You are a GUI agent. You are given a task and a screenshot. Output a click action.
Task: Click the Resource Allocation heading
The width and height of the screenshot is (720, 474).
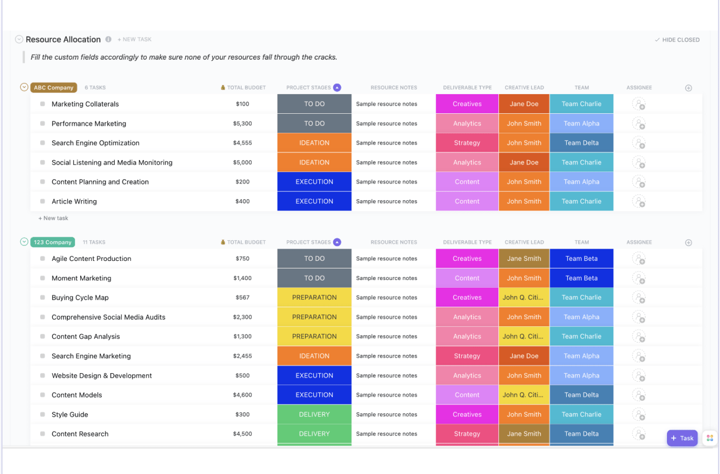tap(63, 40)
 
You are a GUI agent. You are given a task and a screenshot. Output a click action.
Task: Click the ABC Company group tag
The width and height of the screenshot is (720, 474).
tap(53, 87)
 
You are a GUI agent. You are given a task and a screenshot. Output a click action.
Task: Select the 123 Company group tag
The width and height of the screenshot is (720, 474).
tap(52, 242)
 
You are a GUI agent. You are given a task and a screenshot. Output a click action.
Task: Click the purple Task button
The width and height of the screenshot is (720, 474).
tap(682, 438)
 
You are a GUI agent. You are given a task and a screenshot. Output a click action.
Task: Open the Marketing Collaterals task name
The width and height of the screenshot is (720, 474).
tap(85, 104)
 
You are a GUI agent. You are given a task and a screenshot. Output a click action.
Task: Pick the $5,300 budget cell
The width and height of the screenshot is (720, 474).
tap(242, 124)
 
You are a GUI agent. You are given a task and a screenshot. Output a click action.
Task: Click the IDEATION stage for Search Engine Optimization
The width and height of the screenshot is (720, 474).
tap(314, 143)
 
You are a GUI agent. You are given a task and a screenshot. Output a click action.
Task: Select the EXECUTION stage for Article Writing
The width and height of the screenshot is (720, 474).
tap(314, 201)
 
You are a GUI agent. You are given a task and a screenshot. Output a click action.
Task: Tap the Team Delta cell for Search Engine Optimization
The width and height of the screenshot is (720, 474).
tap(581, 143)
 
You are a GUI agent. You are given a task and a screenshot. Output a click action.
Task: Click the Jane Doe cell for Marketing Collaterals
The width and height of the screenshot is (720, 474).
tap(524, 104)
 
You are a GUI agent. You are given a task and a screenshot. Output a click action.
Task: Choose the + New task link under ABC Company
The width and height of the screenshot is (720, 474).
tap(53, 218)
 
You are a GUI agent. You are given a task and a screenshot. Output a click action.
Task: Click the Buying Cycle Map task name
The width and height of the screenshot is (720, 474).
tap(80, 297)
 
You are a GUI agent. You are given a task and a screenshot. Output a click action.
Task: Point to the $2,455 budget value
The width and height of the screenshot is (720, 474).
tap(242, 356)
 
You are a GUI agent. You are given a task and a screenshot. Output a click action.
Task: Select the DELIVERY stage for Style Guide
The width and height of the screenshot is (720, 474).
tap(314, 414)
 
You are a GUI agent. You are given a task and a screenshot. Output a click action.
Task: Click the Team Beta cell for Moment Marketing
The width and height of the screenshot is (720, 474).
tap(581, 278)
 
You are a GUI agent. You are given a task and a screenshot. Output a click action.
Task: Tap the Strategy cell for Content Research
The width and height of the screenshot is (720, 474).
tap(467, 434)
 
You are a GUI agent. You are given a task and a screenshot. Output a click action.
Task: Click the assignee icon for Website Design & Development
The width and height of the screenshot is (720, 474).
tap(639, 376)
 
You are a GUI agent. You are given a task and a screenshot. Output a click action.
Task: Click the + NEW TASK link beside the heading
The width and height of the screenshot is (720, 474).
tap(135, 40)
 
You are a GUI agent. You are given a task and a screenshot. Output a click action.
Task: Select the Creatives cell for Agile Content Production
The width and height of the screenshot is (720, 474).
tap(467, 259)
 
